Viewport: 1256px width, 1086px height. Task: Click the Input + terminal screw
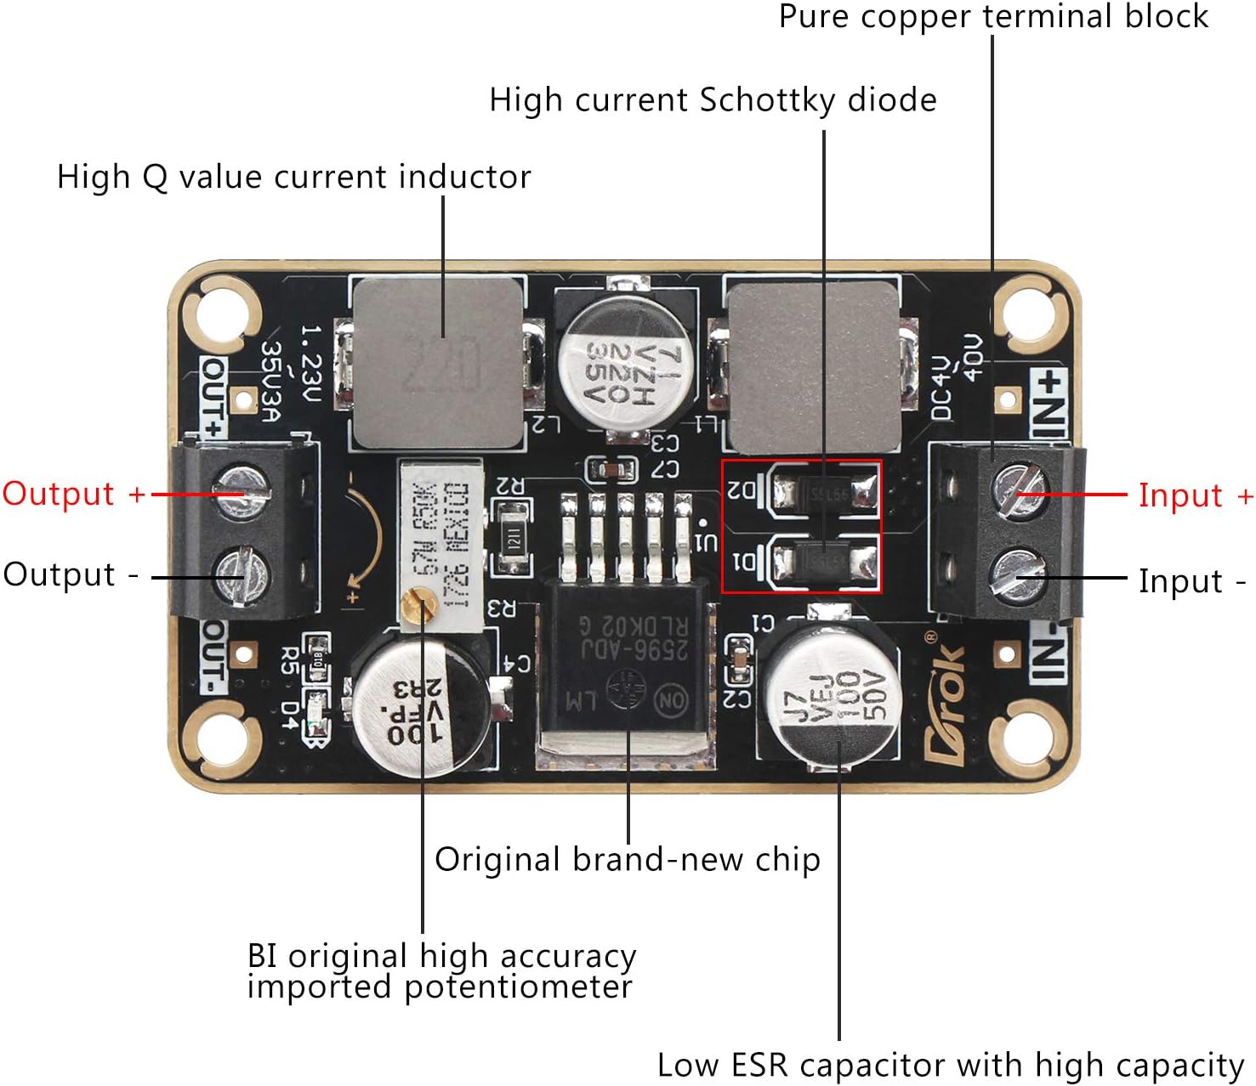[x=1018, y=491]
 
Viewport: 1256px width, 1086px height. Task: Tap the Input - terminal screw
[x=1018, y=575]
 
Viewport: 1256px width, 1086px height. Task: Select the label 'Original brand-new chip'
[x=628, y=859]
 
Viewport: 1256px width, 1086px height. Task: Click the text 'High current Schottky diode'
[x=713, y=100]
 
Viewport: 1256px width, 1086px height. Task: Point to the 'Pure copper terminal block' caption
[x=992, y=17]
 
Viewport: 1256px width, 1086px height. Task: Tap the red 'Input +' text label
[x=1195, y=495]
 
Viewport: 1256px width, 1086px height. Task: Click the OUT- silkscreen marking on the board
[x=213, y=655]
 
